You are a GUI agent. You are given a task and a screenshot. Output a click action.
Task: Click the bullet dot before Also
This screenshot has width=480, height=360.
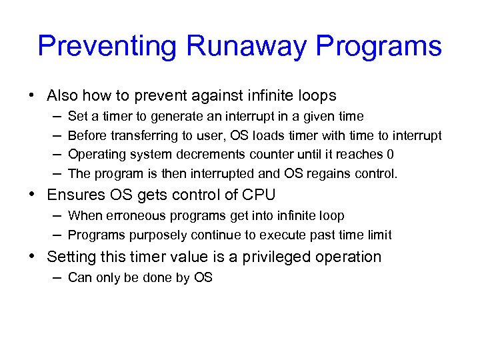tap(31, 95)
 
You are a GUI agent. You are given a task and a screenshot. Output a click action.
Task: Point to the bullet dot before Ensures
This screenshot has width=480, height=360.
tap(31, 195)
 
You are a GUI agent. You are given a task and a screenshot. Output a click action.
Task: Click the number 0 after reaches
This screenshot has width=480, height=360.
tap(390, 155)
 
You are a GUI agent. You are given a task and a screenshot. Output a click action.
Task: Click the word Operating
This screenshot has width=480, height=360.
tap(97, 155)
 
